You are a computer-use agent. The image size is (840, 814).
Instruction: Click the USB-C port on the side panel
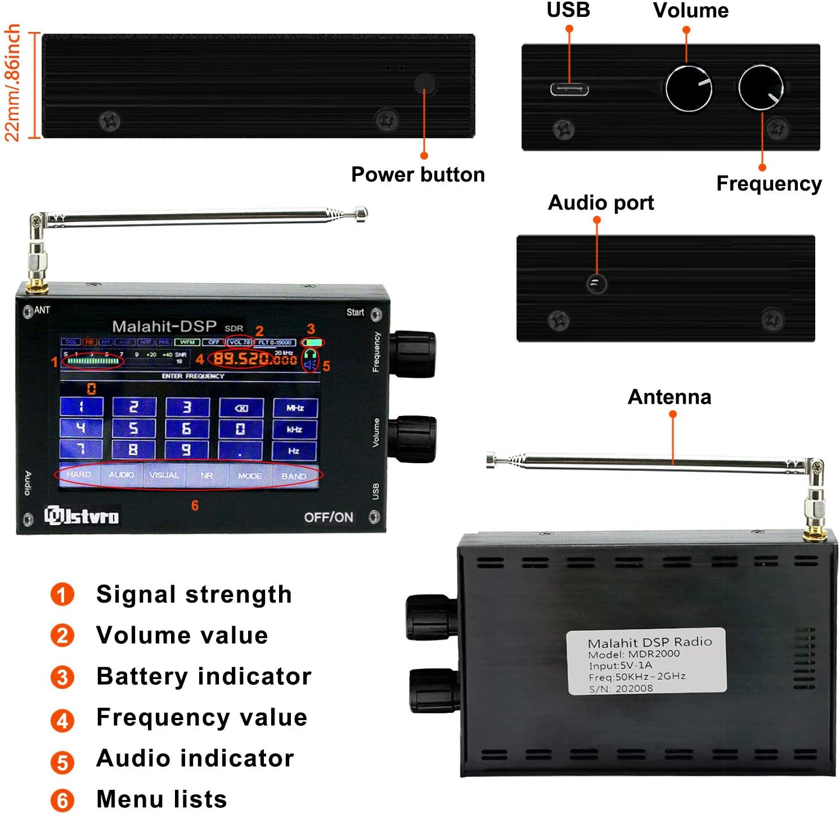569,89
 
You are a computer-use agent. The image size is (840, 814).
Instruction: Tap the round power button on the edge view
425,84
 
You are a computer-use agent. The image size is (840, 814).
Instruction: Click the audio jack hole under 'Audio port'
596,283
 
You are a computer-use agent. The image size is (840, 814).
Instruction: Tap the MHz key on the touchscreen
295,408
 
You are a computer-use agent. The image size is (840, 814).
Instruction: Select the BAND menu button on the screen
294,476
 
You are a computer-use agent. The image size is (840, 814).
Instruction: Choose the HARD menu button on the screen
79,474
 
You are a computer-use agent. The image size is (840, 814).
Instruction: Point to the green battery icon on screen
314,342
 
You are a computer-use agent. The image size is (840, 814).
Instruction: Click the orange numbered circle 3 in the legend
62,677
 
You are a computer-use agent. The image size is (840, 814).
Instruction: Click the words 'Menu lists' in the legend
161,799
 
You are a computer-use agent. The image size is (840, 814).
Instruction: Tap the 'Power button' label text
417,175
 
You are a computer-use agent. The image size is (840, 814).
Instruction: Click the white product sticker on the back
647,662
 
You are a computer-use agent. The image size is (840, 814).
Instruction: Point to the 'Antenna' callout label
669,397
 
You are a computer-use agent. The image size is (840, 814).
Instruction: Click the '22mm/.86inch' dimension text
12,83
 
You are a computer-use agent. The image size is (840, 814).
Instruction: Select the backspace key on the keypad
241,408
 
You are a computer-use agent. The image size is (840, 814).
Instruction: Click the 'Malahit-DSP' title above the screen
164,326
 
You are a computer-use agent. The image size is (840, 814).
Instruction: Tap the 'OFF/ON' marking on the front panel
329,517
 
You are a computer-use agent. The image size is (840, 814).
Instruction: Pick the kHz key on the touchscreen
294,429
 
